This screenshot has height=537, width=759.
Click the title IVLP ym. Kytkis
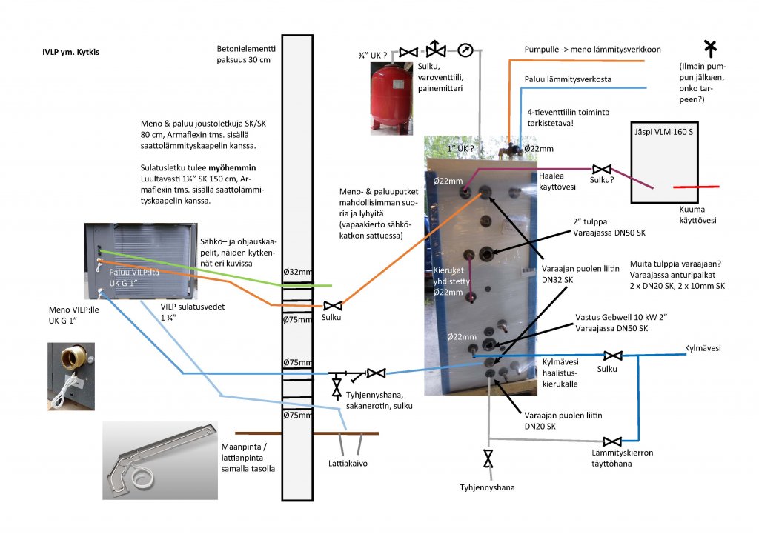(x=71, y=53)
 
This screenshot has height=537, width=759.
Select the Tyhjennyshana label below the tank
(x=486, y=487)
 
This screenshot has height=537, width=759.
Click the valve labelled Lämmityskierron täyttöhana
(x=612, y=442)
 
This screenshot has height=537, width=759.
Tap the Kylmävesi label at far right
(x=703, y=347)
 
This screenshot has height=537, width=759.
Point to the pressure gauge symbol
(x=465, y=51)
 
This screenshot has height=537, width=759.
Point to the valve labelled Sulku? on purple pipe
(x=606, y=170)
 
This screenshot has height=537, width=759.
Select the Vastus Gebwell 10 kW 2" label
(x=621, y=317)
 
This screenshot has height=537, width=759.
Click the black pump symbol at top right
(x=710, y=48)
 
